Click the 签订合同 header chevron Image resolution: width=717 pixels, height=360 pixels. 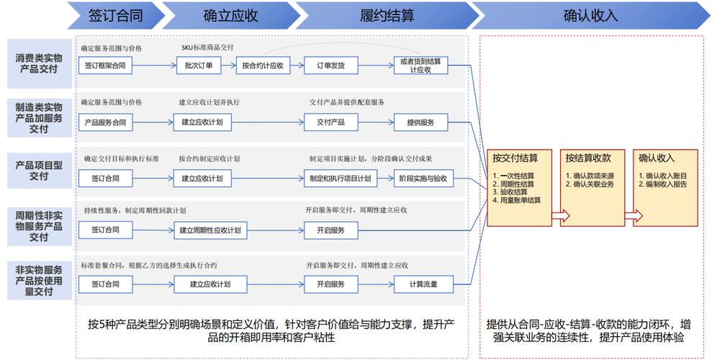[115, 14]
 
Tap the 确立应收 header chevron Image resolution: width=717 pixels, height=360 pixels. [230, 14]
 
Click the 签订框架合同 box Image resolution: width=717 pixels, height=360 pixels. [105, 66]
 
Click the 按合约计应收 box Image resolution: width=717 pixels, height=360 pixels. [263, 66]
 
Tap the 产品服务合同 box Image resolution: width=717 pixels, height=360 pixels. [105, 122]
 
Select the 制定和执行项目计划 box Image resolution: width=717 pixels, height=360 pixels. [341, 178]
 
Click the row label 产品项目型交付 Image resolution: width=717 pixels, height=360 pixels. [39, 170]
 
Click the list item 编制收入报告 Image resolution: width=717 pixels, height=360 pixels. [666, 184]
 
